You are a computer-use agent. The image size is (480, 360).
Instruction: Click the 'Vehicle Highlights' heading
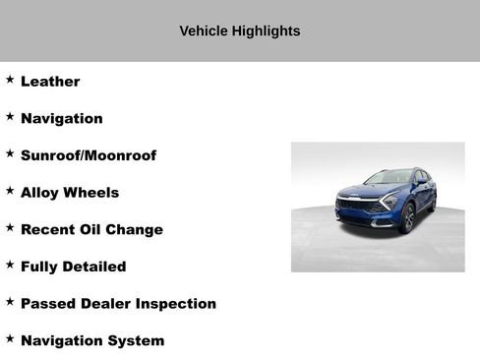239,30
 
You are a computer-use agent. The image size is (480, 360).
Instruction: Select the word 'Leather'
50,82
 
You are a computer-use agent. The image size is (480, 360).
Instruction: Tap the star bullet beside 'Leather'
10,80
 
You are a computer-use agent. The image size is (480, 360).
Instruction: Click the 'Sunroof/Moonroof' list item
88,155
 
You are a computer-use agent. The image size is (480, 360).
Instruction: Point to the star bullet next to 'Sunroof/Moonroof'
10,153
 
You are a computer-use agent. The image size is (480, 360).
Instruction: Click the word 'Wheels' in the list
90,193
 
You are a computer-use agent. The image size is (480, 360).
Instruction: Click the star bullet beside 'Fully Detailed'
10,265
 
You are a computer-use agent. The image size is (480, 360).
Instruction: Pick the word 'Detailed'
94,267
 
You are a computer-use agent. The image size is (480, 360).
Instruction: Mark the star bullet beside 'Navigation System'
10,338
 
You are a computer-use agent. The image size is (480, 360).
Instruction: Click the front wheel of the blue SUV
408,217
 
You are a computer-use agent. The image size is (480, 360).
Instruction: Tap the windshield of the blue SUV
390,178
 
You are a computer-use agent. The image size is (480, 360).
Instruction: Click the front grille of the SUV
356,207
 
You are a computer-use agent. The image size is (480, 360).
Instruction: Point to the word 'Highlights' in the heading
266,30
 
